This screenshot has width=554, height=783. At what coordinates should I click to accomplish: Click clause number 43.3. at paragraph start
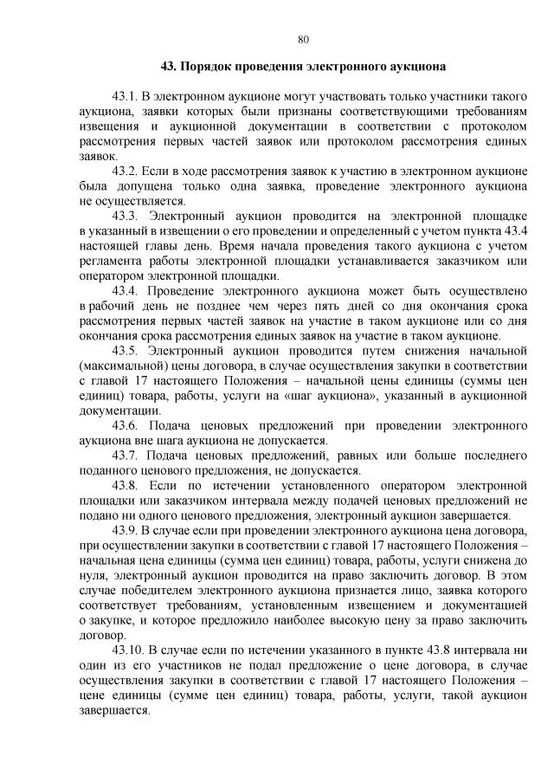126,214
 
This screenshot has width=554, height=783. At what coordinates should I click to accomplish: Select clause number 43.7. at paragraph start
126,455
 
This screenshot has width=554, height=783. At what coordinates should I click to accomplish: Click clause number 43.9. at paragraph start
126,529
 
